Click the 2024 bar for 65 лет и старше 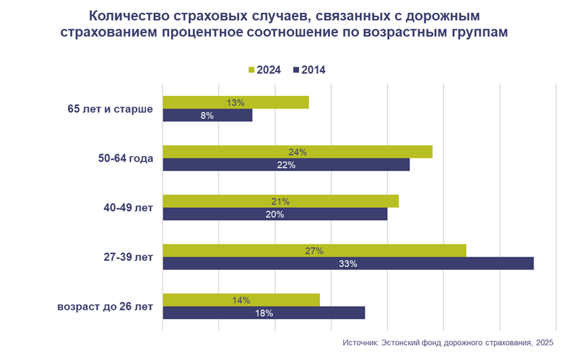[x=236, y=103]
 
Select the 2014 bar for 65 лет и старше [x=208, y=115]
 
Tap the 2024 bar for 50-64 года [x=297, y=152]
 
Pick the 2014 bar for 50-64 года [x=287, y=165]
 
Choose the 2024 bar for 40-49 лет [x=280, y=201]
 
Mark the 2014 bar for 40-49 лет [x=275, y=214]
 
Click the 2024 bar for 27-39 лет [x=314, y=251]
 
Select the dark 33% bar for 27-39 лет [x=348, y=264]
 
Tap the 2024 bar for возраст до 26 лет [x=241, y=300]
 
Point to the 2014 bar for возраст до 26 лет [x=264, y=312]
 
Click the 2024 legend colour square [x=251, y=70]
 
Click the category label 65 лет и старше [x=110, y=109]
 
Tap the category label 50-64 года [x=126, y=158]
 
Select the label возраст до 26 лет [x=105, y=306]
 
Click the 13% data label [x=236, y=103]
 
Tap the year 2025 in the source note [x=544, y=343]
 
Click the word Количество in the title [x=130, y=15]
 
